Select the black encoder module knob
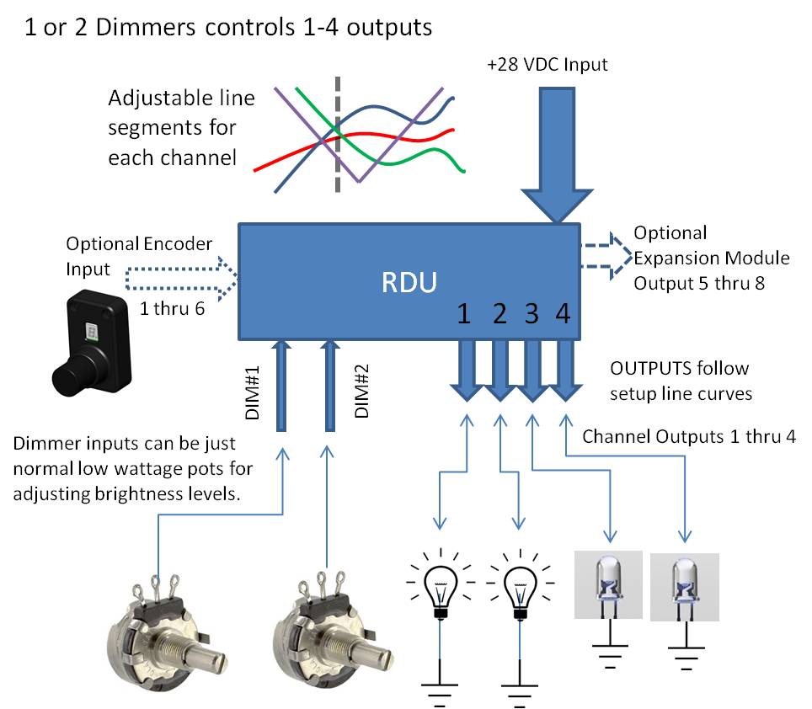coord(76,370)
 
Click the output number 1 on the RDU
coord(463,314)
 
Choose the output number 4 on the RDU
coord(563,314)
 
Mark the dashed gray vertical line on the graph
coord(338,135)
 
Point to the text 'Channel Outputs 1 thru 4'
coord(689,436)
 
